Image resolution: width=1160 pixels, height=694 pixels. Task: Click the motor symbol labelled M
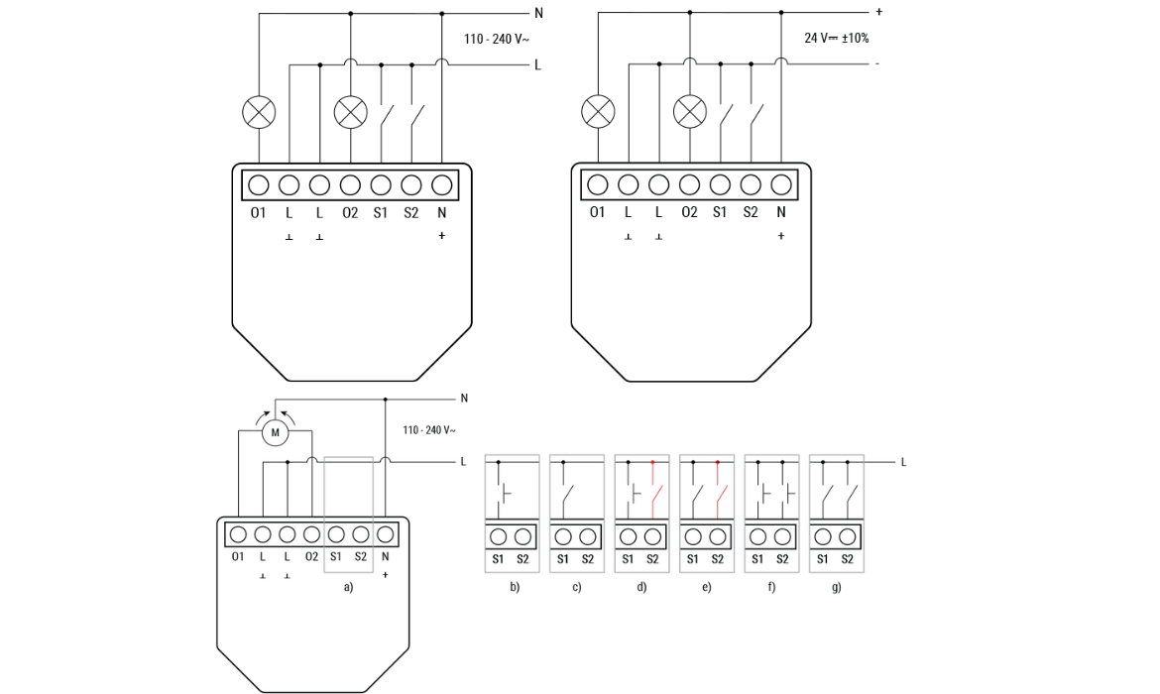[276, 432]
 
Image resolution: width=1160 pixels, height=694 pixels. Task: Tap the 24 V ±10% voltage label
[836, 38]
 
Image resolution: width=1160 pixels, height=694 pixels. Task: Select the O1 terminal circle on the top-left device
[258, 185]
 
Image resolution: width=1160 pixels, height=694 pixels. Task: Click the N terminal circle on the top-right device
[781, 185]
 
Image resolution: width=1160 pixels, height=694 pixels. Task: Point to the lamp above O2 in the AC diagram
[351, 112]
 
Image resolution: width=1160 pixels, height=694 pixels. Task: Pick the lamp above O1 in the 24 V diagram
[598, 112]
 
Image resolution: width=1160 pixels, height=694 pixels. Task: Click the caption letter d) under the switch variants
[641, 588]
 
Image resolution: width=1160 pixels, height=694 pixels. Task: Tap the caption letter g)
[837, 588]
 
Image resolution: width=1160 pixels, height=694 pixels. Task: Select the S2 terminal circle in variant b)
[523, 537]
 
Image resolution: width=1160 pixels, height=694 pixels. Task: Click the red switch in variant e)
[721, 495]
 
